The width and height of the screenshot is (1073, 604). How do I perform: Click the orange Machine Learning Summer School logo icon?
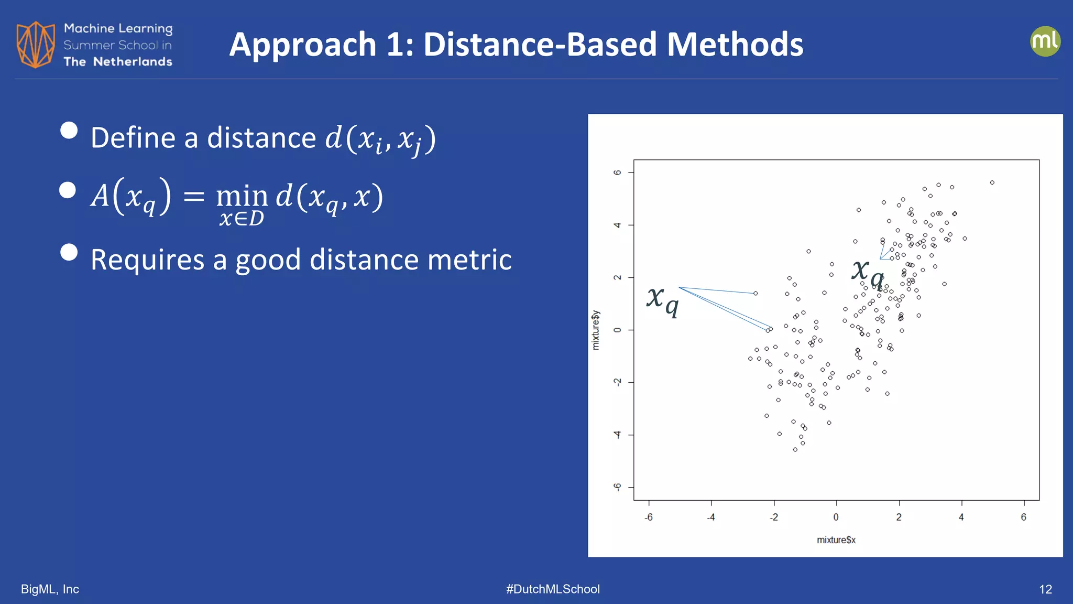click(x=35, y=45)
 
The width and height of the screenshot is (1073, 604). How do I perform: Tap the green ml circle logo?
click(x=1045, y=41)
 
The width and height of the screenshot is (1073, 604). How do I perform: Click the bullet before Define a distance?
click(x=69, y=130)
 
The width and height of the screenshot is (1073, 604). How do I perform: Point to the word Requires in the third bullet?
click(x=147, y=260)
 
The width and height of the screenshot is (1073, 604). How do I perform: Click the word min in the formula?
click(x=242, y=197)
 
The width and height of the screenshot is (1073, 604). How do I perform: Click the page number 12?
click(x=1045, y=589)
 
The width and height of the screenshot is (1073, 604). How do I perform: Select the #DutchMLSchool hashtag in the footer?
click(x=553, y=589)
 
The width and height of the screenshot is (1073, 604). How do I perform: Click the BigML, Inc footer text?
click(x=50, y=589)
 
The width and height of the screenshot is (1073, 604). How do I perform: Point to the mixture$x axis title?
click(x=836, y=540)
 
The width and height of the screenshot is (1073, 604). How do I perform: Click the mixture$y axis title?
click(x=596, y=330)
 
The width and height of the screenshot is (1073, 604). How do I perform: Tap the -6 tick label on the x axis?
click(x=649, y=517)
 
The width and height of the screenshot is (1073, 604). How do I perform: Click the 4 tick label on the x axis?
click(x=961, y=517)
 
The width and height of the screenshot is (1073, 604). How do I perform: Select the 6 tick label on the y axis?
click(x=618, y=172)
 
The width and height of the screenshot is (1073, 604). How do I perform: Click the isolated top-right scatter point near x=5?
click(x=992, y=182)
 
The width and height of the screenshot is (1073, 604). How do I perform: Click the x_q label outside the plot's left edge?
click(x=663, y=301)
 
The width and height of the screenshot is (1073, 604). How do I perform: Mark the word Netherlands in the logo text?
click(x=133, y=62)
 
